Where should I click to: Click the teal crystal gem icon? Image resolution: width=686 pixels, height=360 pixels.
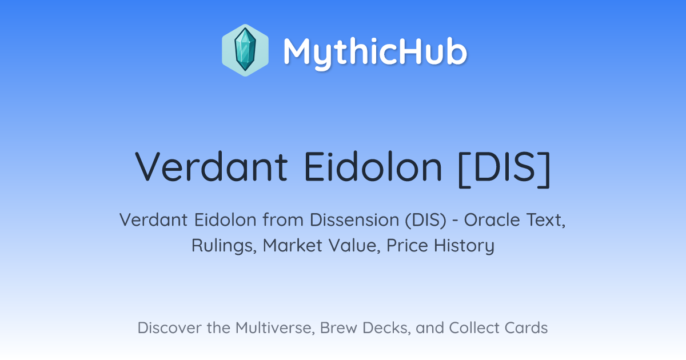(x=245, y=50)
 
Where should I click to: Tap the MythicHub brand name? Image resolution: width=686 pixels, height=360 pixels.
(x=375, y=52)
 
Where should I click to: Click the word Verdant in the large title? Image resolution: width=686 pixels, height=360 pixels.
(x=212, y=167)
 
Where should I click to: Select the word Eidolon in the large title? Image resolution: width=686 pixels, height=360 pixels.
(x=373, y=167)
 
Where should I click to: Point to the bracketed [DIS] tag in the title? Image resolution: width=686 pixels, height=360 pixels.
(x=505, y=169)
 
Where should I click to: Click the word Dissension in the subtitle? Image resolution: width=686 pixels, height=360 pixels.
(x=354, y=220)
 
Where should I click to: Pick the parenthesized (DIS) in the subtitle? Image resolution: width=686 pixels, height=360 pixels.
(x=426, y=220)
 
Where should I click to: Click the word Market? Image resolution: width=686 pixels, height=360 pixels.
(x=293, y=246)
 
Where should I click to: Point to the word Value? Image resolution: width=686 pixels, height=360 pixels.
(x=354, y=246)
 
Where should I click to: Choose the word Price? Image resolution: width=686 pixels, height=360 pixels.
(x=407, y=246)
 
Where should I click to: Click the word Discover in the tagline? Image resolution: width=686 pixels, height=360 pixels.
(x=169, y=328)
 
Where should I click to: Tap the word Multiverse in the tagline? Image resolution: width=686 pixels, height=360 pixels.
(x=275, y=328)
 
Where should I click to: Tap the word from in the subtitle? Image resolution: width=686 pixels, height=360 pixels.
(x=283, y=220)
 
